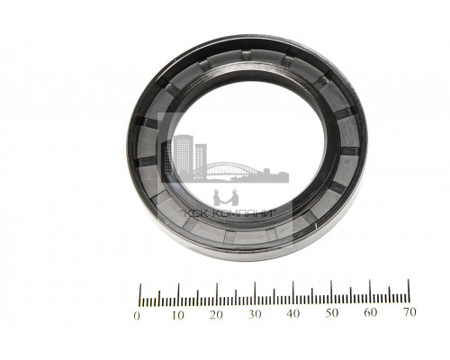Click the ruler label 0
click(x=137, y=316)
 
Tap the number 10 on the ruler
click(x=178, y=315)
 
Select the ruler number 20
click(x=216, y=315)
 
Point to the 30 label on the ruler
click(x=255, y=314)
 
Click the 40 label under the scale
click(x=293, y=314)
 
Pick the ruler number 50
click(x=332, y=313)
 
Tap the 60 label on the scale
click(x=371, y=312)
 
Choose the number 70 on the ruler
click(x=409, y=312)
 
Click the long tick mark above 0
click(x=139, y=295)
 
